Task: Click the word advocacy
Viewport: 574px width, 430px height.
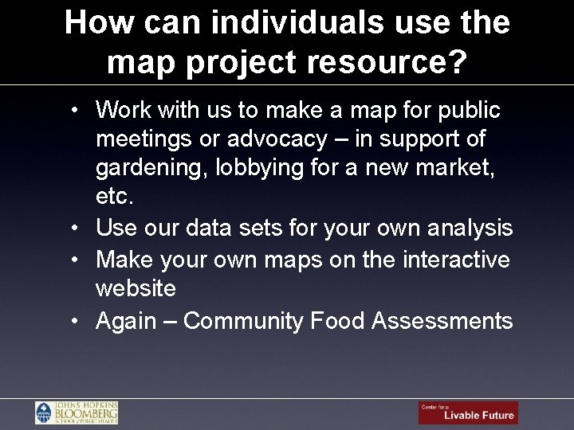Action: (277, 139)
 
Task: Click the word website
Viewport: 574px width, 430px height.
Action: (136, 288)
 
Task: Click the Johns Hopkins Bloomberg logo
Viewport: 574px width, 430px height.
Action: (77, 412)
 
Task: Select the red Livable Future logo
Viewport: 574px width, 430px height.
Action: (468, 412)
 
